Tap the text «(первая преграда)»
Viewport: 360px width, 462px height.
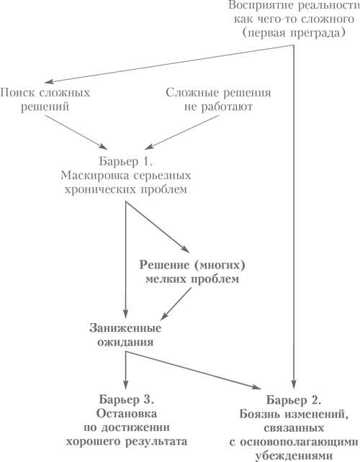[x=294, y=32]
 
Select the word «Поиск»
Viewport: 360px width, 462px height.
[x=17, y=93]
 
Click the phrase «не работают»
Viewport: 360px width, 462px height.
[x=218, y=107]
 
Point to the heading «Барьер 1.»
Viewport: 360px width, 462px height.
[x=126, y=161]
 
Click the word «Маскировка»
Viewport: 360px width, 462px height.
[x=94, y=176]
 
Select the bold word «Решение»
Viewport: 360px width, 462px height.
[x=165, y=265]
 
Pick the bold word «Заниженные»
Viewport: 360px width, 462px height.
[x=125, y=328]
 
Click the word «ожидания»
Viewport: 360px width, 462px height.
[x=125, y=342]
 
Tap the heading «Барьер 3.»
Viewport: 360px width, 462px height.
[x=127, y=399]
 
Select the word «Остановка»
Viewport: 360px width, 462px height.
[x=127, y=414]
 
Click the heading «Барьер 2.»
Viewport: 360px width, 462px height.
[x=294, y=400]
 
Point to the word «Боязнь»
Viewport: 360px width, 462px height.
[x=259, y=414]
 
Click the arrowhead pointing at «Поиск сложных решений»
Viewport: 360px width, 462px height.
[x=49, y=81]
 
